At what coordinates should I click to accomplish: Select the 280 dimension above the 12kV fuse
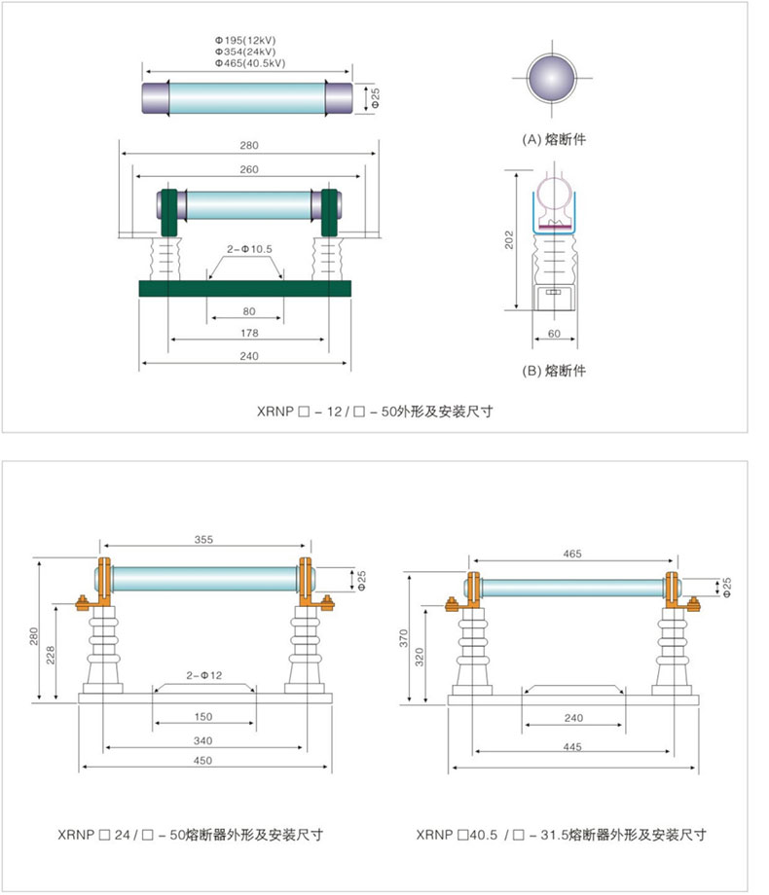(248, 146)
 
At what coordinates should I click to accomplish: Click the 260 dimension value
(247, 168)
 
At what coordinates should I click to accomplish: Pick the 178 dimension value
(247, 334)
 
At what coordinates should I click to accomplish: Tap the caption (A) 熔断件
(554, 139)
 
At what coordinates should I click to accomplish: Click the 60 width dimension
(553, 335)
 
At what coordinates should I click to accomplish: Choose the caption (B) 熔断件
(553, 370)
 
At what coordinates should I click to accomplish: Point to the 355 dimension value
(203, 538)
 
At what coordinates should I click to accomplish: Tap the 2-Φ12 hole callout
(204, 674)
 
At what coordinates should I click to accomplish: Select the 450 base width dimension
(203, 761)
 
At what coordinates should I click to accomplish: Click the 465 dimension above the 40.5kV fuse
(572, 554)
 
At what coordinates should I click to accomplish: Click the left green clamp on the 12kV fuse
(167, 213)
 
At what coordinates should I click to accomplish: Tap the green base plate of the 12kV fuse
(244, 289)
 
